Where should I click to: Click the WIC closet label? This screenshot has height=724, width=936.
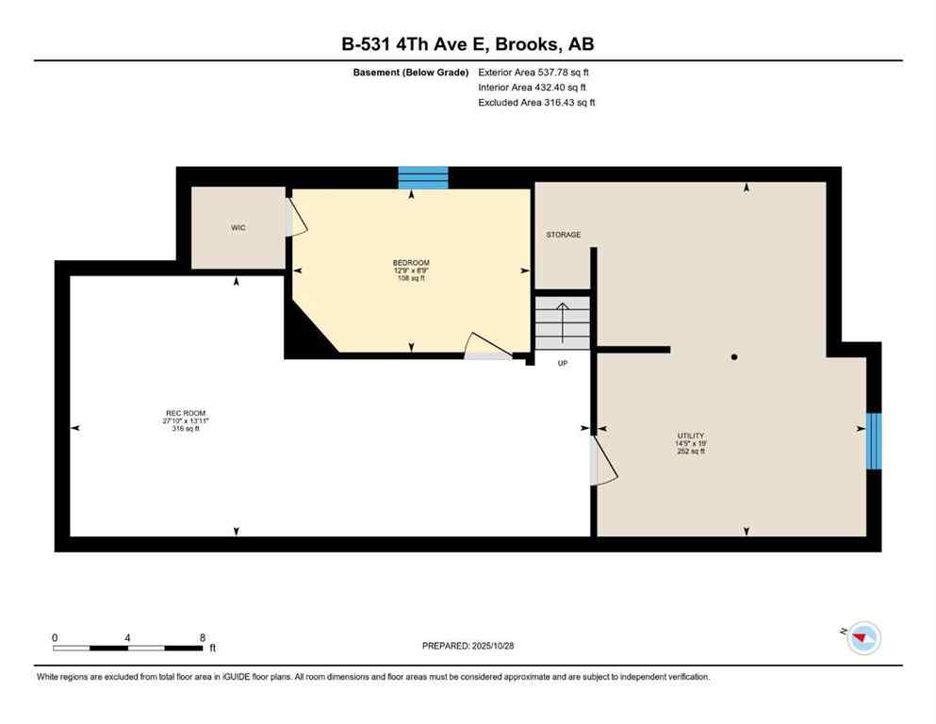tap(238, 228)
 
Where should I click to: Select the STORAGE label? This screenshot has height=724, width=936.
tap(564, 235)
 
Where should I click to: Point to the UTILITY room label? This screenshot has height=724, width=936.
tap(689, 436)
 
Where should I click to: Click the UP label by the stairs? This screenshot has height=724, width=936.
tap(563, 363)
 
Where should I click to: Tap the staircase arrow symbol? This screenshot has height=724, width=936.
tap(563, 321)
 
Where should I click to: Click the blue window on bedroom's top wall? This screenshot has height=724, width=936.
tap(422, 177)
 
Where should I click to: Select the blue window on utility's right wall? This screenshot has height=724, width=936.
tap(874, 440)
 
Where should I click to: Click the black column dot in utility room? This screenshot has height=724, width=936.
tap(734, 357)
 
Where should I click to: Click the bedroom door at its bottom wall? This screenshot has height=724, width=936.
tap(488, 349)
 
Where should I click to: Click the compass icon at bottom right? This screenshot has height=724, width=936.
tap(862, 638)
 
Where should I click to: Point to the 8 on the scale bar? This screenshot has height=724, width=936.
tap(202, 637)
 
